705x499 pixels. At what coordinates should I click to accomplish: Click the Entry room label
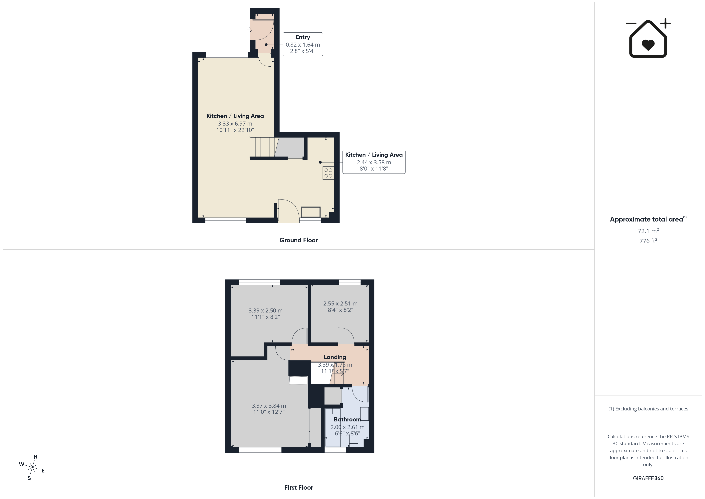tap(303, 37)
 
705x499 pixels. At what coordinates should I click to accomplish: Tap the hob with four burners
tap(328, 173)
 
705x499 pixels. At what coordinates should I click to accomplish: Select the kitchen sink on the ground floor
tap(311, 212)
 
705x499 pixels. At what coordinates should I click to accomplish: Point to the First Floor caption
tap(299, 487)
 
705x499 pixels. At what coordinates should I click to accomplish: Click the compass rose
tap(32, 468)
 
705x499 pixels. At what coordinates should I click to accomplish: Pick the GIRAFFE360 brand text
tap(648, 478)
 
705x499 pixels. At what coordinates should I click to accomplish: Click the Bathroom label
tap(347, 419)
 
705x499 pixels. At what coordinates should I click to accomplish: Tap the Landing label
tap(335, 357)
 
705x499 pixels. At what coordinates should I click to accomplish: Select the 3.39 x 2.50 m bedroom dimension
tap(266, 311)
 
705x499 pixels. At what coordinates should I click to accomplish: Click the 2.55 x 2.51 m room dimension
tap(340, 304)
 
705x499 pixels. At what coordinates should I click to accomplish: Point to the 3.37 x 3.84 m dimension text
tap(269, 406)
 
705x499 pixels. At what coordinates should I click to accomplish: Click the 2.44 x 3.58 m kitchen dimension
tap(374, 162)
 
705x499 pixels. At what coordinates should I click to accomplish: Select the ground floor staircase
tap(263, 147)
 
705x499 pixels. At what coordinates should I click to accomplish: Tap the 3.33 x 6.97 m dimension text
tap(235, 124)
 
